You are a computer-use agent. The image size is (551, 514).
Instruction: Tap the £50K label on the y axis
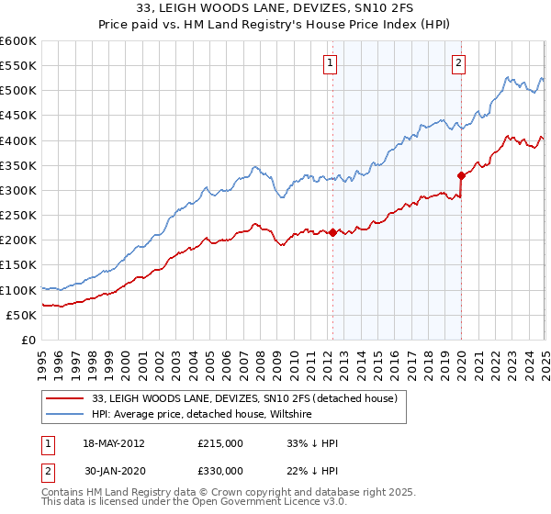pyautogui.click(x=20, y=315)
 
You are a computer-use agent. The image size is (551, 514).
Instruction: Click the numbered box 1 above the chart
pyautogui.click(x=330, y=63)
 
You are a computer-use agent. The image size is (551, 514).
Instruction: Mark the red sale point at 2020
pyautogui.click(x=461, y=174)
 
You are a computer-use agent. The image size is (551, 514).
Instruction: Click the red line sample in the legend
pyautogui.click(x=64, y=398)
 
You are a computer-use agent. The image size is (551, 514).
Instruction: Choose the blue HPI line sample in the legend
pyautogui.click(x=64, y=415)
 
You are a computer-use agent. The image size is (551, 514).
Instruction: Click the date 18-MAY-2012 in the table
pyautogui.click(x=113, y=443)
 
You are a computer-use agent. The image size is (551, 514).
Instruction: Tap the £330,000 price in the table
pyautogui.click(x=220, y=471)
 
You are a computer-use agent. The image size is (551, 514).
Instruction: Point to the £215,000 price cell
pyautogui.click(x=220, y=443)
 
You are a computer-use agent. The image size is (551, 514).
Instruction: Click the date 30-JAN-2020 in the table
pyautogui.click(x=113, y=471)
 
